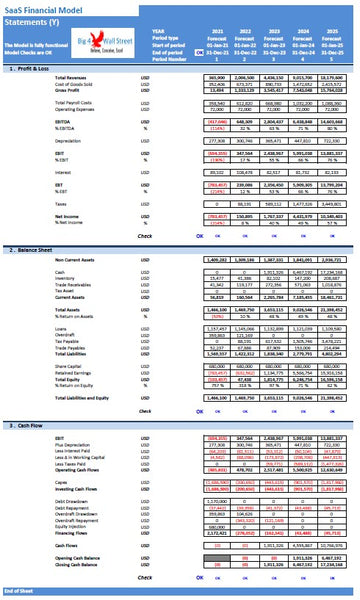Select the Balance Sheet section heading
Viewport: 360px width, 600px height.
(32, 249)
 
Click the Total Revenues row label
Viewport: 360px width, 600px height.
(43, 76)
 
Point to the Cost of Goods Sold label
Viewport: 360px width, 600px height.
(46, 83)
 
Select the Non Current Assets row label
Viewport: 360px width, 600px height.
(46, 258)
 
